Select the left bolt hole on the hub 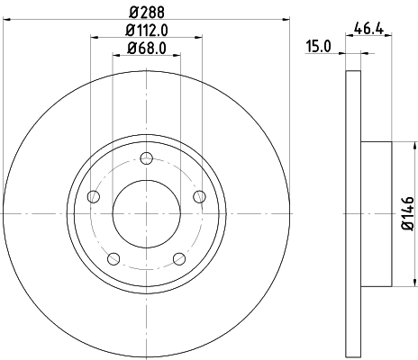pyautogui.click(x=93, y=200)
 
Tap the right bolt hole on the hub pyautogui.click(x=200, y=200)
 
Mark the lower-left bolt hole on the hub pyautogui.click(x=114, y=261)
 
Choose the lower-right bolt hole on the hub pyautogui.click(x=179, y=261)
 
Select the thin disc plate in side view pyautogui.click(x=352, y=212)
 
